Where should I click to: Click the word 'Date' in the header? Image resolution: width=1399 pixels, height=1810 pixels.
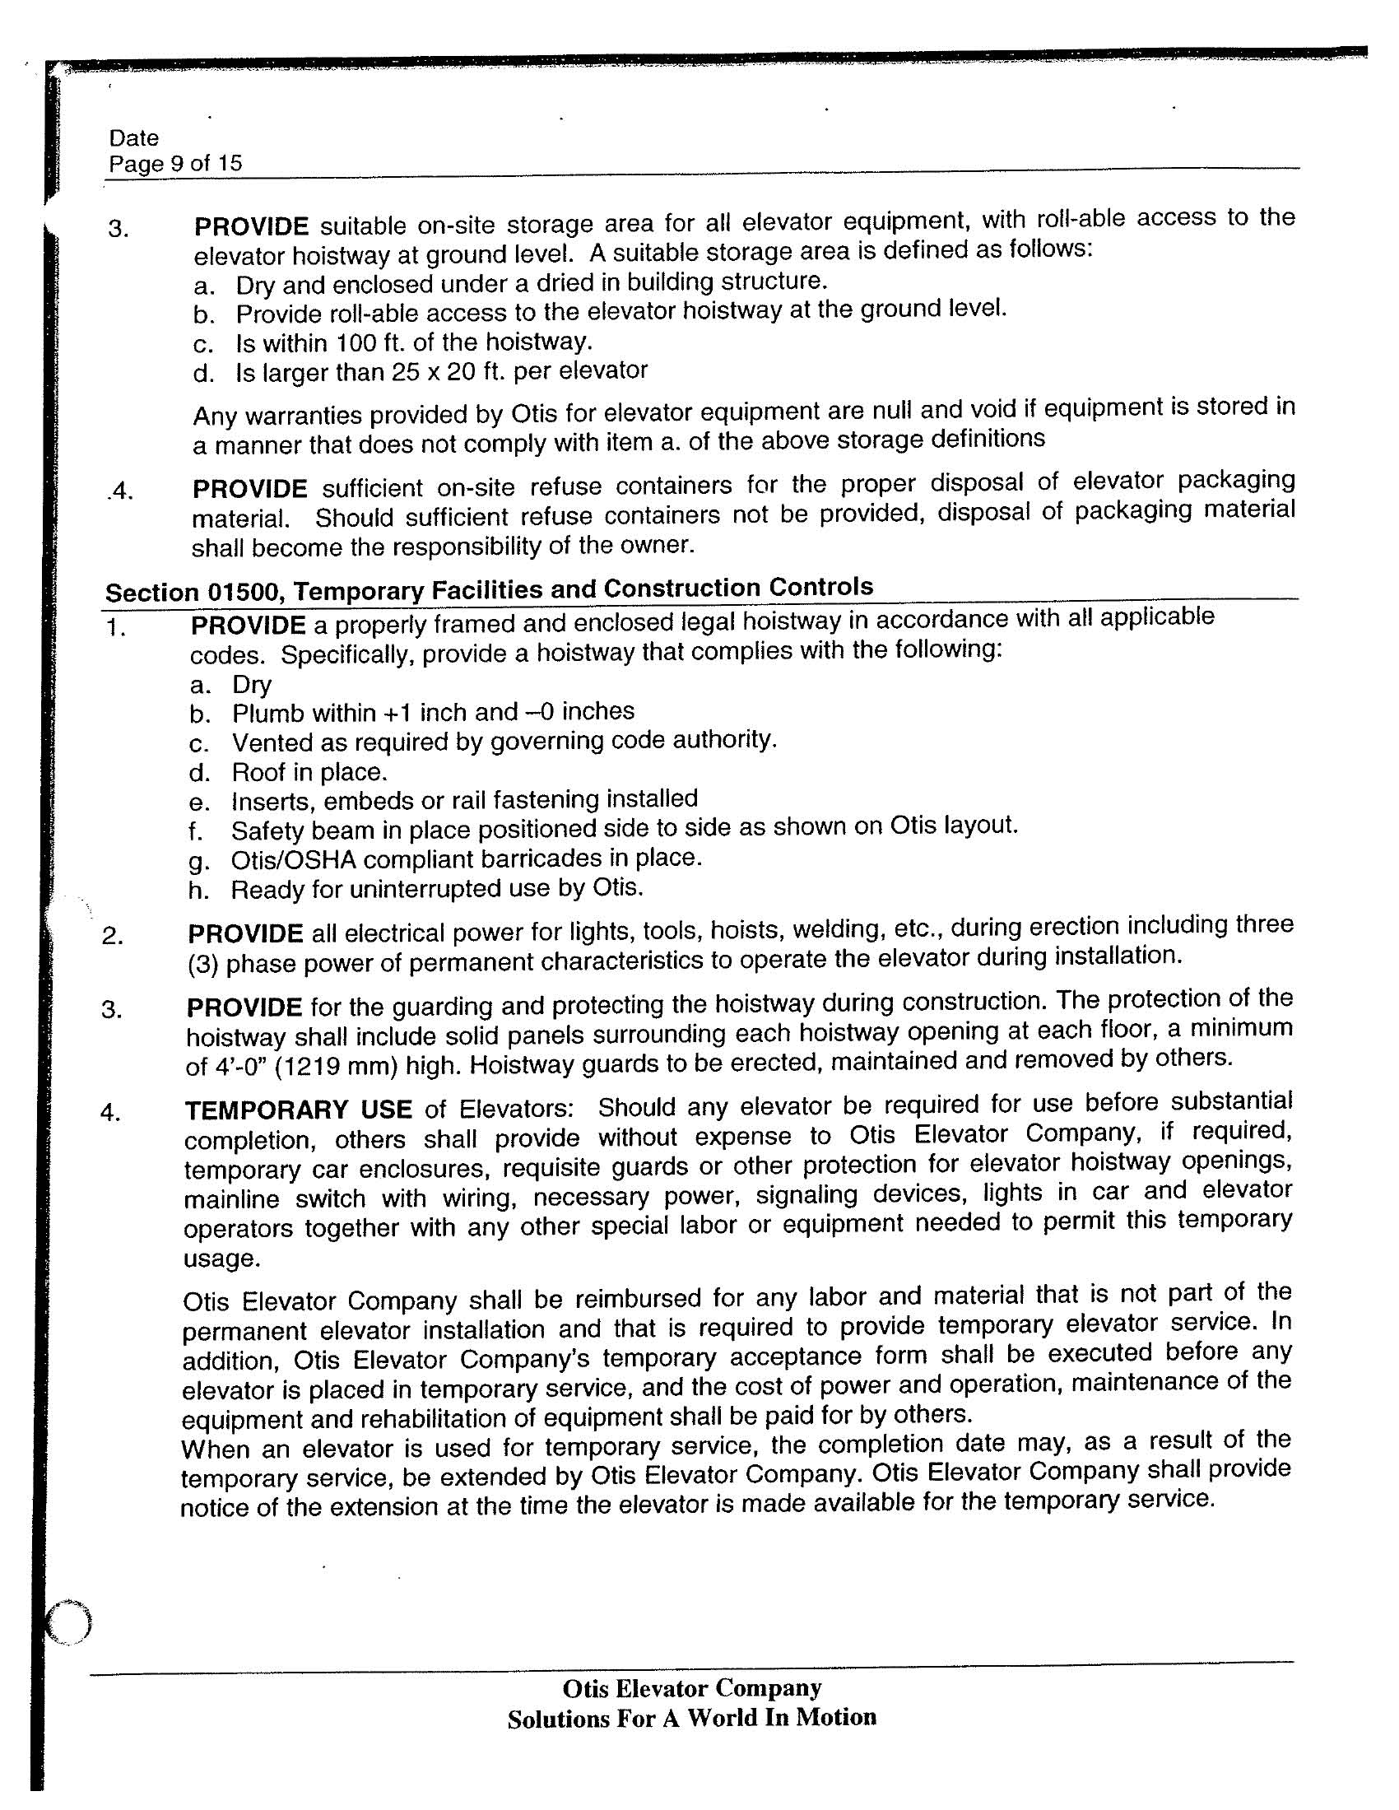tap(133, 137)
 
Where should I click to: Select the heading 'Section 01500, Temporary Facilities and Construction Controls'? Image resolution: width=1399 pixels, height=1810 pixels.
tap(489, 589)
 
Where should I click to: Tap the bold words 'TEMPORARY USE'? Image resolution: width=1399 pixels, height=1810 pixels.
tap(299, 1110)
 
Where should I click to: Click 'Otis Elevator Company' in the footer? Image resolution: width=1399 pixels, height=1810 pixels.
tap(691, 1687)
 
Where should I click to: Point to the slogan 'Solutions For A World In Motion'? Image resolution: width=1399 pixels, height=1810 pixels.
tap(691, 1717)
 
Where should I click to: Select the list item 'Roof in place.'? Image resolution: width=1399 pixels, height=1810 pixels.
tap(309, 771)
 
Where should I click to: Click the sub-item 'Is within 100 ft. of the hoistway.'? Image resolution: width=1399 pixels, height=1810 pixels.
tap(414, 342)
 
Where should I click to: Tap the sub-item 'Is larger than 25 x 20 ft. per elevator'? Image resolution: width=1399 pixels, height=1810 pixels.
tap(441, 371)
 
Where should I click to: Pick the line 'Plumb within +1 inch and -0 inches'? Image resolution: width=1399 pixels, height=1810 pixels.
tap(433, 712)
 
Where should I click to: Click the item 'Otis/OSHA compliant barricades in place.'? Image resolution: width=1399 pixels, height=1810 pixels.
tap(466, 858)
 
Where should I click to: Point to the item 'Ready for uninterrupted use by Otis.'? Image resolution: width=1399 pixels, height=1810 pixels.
tap(437, 888)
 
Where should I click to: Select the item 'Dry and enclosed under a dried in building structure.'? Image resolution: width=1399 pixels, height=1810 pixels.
tap(531, 283)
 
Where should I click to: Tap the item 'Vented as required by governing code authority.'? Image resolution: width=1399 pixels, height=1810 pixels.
tap(504, 741)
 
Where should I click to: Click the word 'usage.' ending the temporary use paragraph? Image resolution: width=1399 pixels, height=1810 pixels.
tap(222, 1259)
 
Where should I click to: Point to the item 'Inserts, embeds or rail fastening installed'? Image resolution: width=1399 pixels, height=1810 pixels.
tap(464, 800)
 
